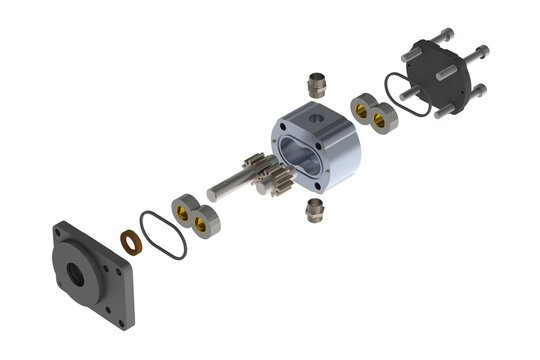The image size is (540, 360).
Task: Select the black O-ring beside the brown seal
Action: point(162,234)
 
